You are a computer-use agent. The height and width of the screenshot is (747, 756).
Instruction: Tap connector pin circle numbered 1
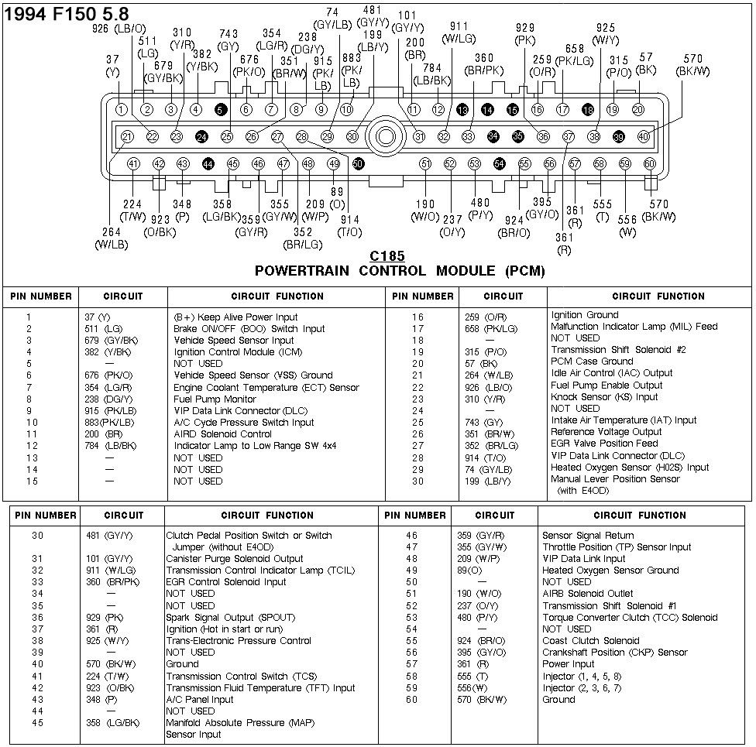click(122, 110)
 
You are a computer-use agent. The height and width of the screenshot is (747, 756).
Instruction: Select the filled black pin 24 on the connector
click(201, 136)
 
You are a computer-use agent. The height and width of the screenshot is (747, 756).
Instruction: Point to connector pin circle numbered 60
click(650, 164)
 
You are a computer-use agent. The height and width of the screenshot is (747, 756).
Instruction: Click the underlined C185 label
click(387, 256)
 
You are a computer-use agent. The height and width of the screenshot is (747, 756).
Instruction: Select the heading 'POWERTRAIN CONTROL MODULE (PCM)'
click(400, 271)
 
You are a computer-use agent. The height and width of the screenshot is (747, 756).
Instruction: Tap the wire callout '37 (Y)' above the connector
click(113, 67)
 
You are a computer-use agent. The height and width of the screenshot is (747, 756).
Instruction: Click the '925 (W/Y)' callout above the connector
click(605, 34)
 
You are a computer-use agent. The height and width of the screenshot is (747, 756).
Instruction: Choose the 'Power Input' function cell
click(568, 664)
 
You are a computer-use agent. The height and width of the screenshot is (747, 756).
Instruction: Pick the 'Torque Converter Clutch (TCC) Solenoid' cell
click(630, 618)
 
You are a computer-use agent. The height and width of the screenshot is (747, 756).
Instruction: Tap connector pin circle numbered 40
click(644, 136)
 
